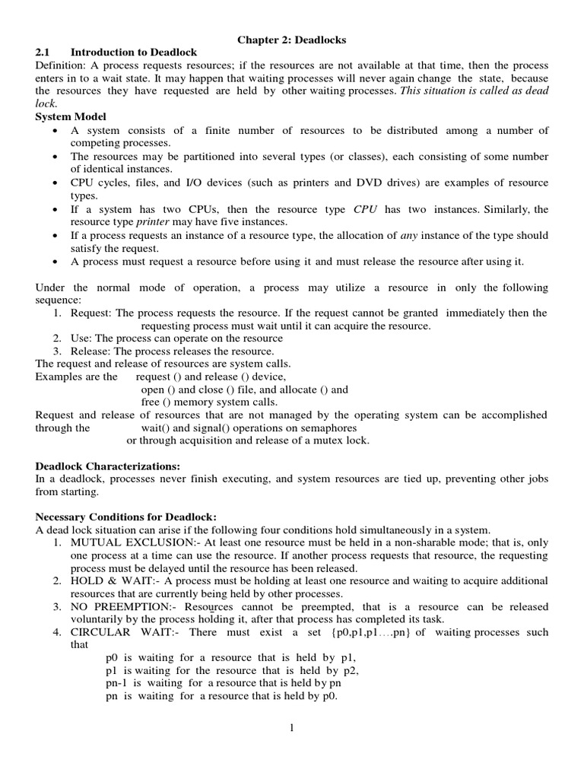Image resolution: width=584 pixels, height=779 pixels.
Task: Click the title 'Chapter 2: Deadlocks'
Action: (292, 40)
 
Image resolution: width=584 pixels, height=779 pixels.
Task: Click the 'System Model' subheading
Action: (71, 116)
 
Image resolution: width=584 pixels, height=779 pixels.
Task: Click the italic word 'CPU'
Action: (370, 209)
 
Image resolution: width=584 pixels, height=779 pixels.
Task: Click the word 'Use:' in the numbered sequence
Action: (82, 339)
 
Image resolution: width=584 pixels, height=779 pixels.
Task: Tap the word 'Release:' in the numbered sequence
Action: (90, 351)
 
